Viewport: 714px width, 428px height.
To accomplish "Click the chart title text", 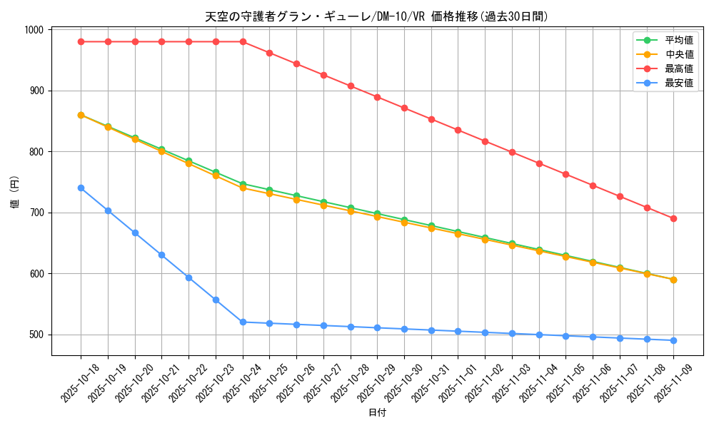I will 376,16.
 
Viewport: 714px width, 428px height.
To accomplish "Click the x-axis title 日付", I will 376,413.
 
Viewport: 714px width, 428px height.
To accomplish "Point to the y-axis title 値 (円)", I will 15,193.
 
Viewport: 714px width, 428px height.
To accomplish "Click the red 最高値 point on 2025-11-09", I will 673,218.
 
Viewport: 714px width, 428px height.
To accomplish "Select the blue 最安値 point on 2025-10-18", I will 81,188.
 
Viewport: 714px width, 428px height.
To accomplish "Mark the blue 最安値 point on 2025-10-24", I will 243,322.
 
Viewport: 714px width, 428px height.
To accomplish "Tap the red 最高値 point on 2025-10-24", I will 243,41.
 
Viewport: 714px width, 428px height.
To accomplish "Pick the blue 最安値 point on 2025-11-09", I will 673,340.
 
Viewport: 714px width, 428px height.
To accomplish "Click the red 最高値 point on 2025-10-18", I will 81,41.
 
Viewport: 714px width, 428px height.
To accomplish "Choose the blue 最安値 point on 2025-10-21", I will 161,255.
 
